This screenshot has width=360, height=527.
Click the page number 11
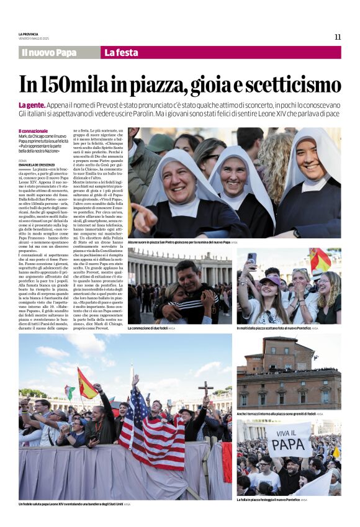click(337, 37)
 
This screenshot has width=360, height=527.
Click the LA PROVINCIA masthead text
click(29, 34)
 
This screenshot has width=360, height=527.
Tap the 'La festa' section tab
click(121, 53)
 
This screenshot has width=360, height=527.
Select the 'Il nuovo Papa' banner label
click(49, 53)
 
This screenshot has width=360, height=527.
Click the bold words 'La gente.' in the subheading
click(32, 106)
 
